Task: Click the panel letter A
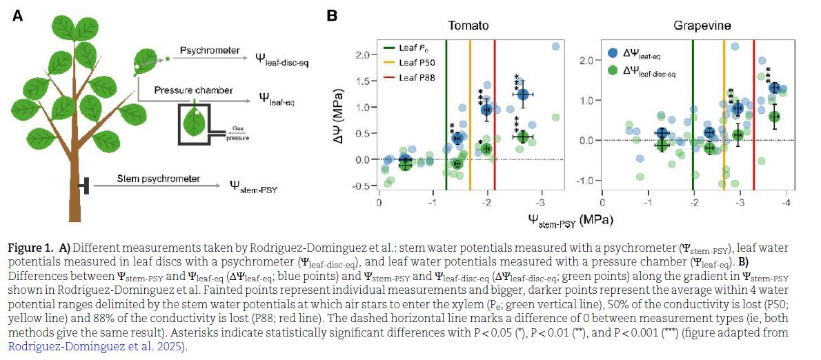pyautogui.click(x=18, y=16)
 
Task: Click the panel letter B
pyautogui.click(x=333, y=15)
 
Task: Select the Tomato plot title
pyautogui.click(x=468, y=26)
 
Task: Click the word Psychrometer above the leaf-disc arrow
pyautogui.click(x=210, y=50)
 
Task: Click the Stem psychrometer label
pyautogui.click(x=147, y=179)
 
